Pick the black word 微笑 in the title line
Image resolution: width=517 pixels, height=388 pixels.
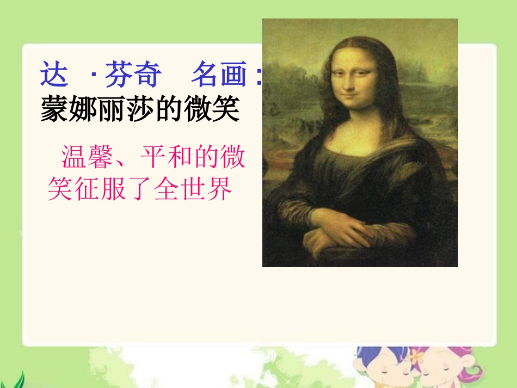coord(213,110)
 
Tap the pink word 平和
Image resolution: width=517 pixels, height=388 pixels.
coord(167,158)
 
